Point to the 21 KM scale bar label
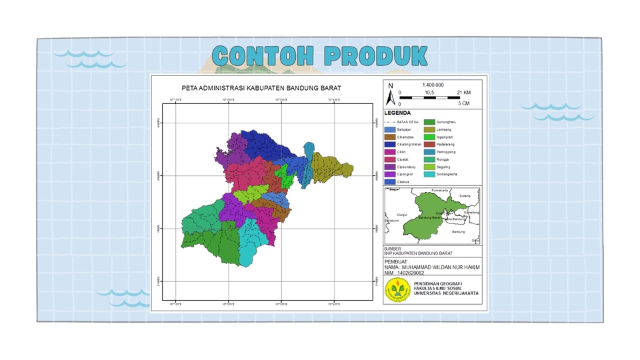coord(463,92)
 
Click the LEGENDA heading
coord(397,113)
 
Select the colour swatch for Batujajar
coord(391,129)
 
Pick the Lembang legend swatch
coord(431,129)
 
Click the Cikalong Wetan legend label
coord(409,144)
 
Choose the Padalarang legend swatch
coord(431,144)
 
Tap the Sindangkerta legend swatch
coord(431,174)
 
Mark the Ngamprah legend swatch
coord(431,137)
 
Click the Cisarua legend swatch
coord(391,181)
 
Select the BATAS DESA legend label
coord(409,122)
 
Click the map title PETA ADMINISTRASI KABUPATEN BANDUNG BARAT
coord(261,88)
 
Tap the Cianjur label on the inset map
coord(402,215)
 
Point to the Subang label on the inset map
coord(465,196)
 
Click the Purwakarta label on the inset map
coord(441,191)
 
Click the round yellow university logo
coord(397,289)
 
